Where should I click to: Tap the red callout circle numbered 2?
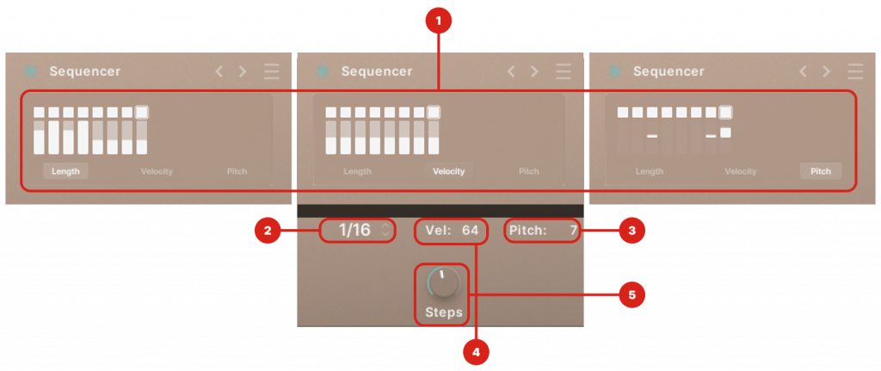coord(268,230)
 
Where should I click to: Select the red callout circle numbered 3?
coord(631,230)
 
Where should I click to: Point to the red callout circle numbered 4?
coord(475,350)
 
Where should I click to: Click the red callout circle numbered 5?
coord(631,294)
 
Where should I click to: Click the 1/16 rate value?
coord(355,230)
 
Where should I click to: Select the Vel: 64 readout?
coord(452,230)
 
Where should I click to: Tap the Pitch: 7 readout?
coord(542,230)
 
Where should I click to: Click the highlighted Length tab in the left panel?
coord(65,171)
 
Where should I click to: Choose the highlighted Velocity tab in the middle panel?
coord(448,171)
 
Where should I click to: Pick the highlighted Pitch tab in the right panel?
coord(821,171)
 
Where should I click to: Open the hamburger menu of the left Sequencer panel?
coord(272,71)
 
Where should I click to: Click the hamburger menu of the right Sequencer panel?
coord(855,71)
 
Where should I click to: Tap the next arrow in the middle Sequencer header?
coord(534,71)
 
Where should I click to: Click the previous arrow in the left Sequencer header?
coord(219,71)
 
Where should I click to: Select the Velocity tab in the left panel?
coord(157,171)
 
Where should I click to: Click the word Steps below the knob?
coord(443,312)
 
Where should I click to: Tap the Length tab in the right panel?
coord(650,171)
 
